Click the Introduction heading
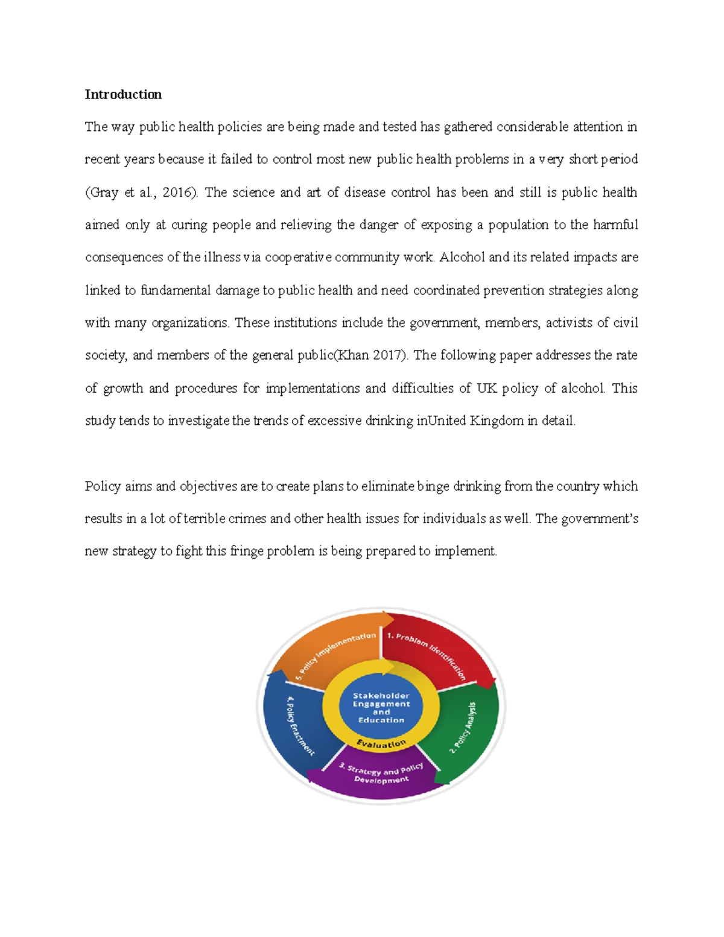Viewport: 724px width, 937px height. tap(123, 94)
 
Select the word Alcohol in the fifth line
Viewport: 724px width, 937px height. tap(462, 258)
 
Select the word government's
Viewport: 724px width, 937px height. tap(599, 519)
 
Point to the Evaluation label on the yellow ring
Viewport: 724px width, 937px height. tap(381, 744)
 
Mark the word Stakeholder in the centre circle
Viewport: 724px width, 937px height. tap(381, 696)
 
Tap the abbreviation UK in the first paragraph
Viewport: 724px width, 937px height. tap(486, 388)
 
